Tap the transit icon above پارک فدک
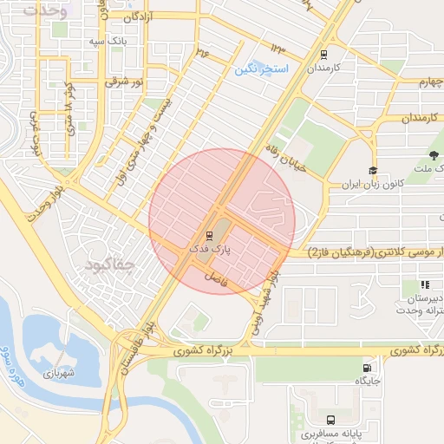tap(209, 235)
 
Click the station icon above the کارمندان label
tap(324, 53)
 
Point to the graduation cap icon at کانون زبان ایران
tap(373, 171)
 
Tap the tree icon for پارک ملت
tap(433, 156)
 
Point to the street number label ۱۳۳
tap(277, 48)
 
